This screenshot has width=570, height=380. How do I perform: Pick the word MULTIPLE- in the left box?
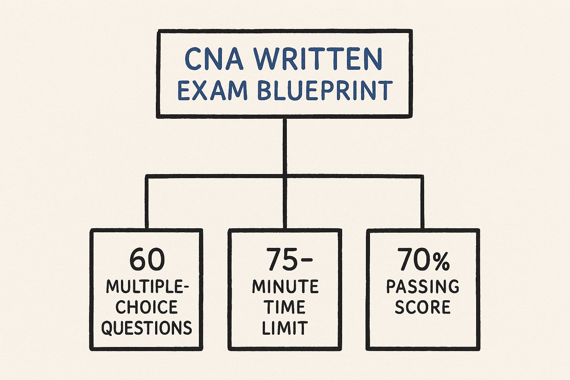pyautogui.click(x=147, y=286)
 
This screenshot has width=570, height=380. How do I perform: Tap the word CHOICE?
pyautogui.click(x=147, y=307)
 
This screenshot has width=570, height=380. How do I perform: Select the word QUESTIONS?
pyautogui.click(x=147, y=328)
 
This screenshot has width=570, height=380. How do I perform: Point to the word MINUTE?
pyautogui.click(x=285, y=286)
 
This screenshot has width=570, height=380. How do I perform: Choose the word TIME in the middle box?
pyautogui.click(x=285, y=307)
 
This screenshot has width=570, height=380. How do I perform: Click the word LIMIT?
pyautogui.click(x=285, y=328)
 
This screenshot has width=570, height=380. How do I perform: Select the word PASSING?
pyautogui.click(x=423, y=286)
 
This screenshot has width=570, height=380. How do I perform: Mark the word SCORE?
pyautogui.click(x=423, y=307)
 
